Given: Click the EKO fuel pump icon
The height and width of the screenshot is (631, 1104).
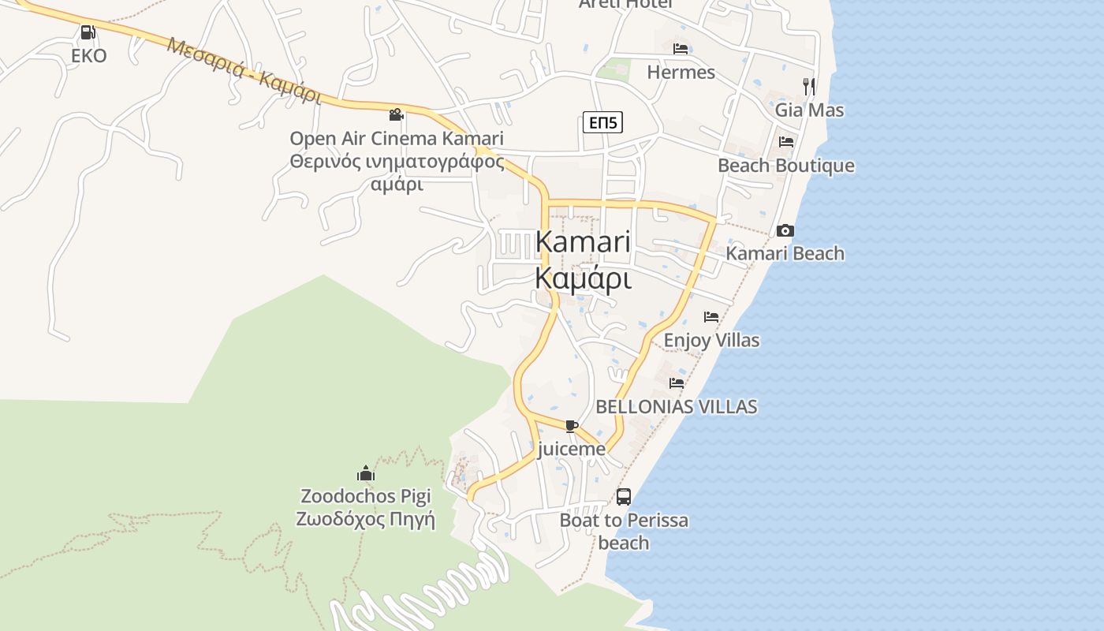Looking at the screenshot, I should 88,33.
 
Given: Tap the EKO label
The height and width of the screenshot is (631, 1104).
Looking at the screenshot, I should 88,56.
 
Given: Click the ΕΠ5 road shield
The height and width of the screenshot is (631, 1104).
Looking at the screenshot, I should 603,122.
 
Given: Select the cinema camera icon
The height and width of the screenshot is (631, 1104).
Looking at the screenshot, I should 396,115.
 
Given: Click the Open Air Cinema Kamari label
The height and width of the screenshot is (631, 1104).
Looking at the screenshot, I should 396,139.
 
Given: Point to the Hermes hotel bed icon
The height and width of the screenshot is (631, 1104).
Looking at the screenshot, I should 681,49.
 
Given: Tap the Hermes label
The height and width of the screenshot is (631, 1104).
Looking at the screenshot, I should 681,73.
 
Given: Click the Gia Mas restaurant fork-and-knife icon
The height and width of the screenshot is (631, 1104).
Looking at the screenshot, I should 809,86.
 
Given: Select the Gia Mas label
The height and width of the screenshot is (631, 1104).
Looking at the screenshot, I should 809,110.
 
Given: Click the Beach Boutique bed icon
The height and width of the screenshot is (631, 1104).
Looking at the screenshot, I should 786,142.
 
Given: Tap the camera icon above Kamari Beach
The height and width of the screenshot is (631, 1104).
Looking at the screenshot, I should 785,230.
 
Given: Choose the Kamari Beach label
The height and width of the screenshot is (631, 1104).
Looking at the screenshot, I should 785,253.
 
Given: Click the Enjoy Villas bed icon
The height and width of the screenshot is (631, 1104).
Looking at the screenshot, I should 711,317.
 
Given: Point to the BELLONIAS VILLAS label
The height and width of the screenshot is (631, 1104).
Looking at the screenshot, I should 676,407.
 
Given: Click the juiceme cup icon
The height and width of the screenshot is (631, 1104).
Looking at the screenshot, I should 572,427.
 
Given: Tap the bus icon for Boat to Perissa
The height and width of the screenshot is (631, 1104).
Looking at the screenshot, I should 624,497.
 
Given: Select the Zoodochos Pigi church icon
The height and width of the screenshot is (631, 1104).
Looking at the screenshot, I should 366,473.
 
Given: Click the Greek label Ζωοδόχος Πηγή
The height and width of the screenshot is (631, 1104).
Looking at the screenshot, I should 366,520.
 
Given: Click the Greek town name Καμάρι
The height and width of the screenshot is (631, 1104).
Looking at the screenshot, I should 583,279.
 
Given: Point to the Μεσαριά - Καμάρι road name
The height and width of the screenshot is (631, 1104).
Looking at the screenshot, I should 244,71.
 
